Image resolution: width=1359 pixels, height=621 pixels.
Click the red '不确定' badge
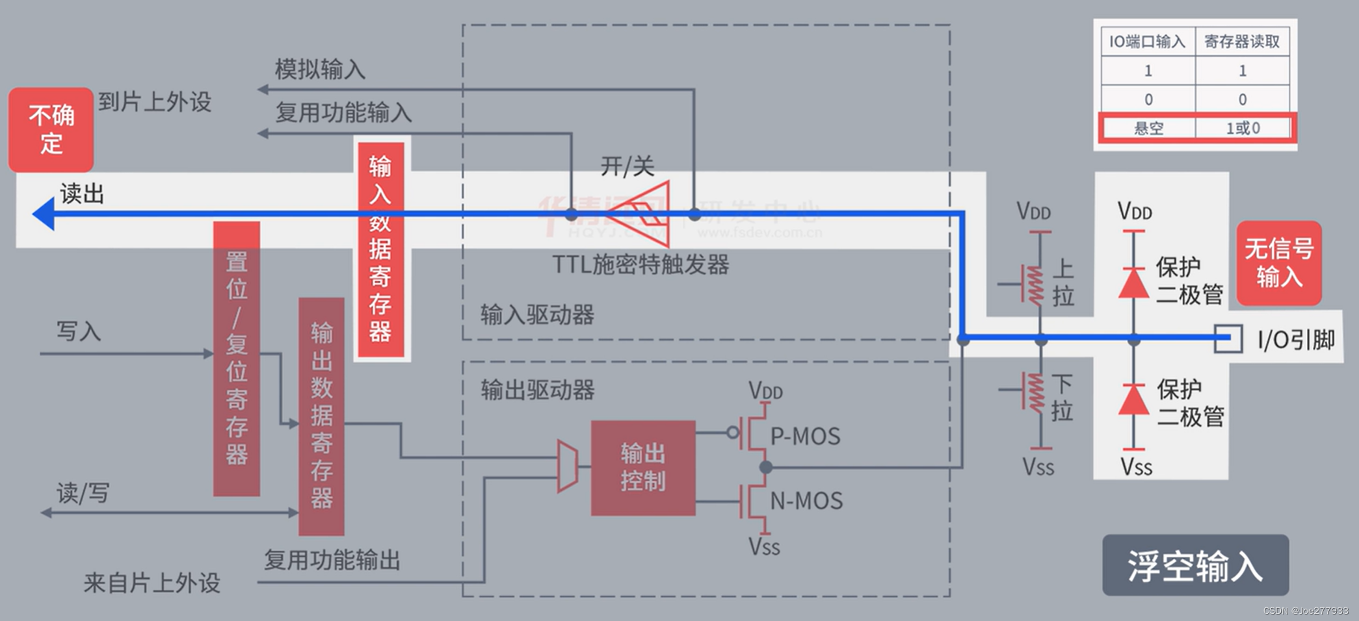click(x=51, y=129)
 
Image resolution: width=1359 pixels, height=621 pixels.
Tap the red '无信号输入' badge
click(x=1278, y=263)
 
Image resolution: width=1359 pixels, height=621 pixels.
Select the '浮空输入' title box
click(x=1195, y=565)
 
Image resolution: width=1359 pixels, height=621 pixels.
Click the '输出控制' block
click(x=642, y=468)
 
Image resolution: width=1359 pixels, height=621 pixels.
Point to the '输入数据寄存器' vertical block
click(x=381, y=249)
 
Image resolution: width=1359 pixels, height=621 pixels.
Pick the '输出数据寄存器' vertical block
click(x=321, y=416)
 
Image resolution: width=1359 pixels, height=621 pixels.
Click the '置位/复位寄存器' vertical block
click(x=237, y=359)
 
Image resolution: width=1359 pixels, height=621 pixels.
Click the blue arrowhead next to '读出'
click(x=44, y=214)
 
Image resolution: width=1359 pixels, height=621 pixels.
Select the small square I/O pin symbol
click(x=1228, y=338)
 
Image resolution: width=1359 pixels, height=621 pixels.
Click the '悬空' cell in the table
click(x=1148, y=128)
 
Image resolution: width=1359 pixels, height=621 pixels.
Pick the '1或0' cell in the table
click(x=1243, y=128)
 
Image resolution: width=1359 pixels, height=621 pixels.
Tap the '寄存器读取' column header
click(x=1242, y=42)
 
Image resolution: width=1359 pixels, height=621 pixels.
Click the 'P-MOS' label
click(x=805, y=436)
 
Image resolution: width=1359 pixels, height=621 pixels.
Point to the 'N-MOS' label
click(x=806, y=501)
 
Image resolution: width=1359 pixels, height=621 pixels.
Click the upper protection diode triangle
click(x=1133, y=284)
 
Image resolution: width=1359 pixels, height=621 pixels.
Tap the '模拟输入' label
click(x=319, y=69)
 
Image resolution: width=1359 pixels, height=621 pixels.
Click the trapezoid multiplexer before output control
click(x=568, y=466)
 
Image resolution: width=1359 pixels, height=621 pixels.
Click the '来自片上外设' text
click(x=152, y=583)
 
